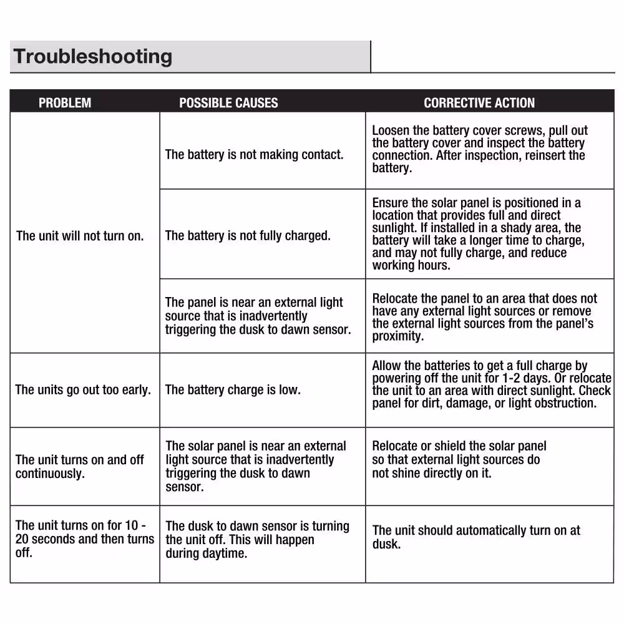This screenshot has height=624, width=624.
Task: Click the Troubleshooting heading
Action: pos(92,56)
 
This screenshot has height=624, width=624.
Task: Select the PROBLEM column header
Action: pos(65,103)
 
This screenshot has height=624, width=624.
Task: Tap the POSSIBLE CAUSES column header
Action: pos(228,103)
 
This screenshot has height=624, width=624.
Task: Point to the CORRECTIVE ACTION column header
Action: pos(479,103)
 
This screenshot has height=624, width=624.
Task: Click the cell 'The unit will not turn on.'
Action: pos(80,236)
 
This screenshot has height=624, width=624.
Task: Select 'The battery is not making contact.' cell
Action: pos(254,154)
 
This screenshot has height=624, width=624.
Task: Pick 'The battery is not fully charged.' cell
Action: pos(248,236)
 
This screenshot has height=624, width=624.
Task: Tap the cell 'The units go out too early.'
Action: pos(83,390)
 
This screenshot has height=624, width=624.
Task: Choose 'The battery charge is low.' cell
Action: pos(233,390)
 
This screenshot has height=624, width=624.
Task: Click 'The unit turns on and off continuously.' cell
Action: pos(80,467)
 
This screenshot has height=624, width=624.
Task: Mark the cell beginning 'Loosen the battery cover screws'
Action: pos(479,149)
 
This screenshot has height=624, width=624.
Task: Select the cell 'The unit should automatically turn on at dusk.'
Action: pos(476,537)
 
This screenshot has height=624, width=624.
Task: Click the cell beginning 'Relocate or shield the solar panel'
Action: pos(459,460)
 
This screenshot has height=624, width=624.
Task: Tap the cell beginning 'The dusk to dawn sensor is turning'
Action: pos(257,540)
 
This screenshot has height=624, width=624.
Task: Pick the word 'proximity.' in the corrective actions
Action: pos(398,336)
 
